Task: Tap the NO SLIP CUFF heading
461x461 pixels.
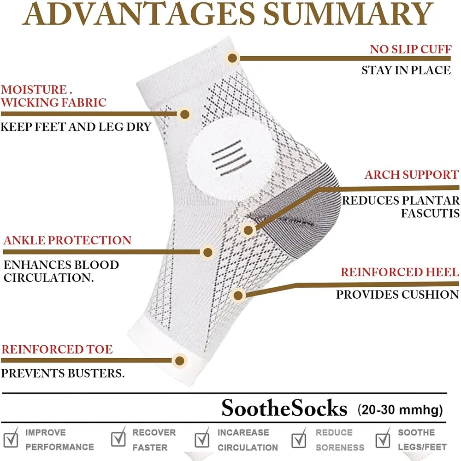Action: click(x=410, y=49)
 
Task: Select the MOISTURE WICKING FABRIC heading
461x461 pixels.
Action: click(x=53, y=96)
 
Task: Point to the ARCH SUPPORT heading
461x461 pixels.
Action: click(x=411, y=175)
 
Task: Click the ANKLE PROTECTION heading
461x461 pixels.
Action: click(x=67, y=240)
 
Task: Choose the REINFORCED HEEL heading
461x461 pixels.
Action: click(x=400, y=272)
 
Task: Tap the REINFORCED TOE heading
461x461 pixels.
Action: click(x=57, y=349)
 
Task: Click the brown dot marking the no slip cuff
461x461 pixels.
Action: click(x=232, y=58)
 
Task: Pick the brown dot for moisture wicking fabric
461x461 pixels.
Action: click(x=184, y=113)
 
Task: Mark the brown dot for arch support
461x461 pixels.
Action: click(x=248, y=229)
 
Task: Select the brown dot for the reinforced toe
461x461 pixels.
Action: click(x=179, y=360)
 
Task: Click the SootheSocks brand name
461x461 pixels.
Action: click(x=284, y=408)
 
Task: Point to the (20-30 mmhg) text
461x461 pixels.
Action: click(x=400, y=409)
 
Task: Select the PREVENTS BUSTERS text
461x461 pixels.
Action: click(x=63, y=372)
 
